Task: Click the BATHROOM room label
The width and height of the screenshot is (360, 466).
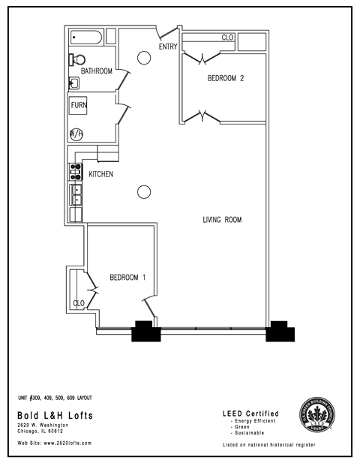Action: tap(97, 72)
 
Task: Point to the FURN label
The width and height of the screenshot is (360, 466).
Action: tap(79, 106)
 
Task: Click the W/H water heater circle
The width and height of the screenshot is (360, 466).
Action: tap(76, 134)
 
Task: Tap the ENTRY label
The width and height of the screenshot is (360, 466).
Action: tap(167, 47)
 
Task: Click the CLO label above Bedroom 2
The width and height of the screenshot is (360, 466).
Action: tap(227, 38)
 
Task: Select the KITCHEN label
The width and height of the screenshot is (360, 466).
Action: tap(101, 174)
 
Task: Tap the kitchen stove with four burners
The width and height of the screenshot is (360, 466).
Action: tap(76, 171)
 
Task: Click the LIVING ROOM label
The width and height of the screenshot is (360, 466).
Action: tap(222, 220)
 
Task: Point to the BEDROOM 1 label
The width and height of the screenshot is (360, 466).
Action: tap(127, 278)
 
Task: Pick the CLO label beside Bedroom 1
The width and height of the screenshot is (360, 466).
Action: tap(78, 303)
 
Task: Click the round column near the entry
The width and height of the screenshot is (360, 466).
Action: tap(142, 57)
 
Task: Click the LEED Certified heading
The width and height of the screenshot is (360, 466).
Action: tap(251, 413)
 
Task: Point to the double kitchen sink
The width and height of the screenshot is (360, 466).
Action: tap(76, 194)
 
